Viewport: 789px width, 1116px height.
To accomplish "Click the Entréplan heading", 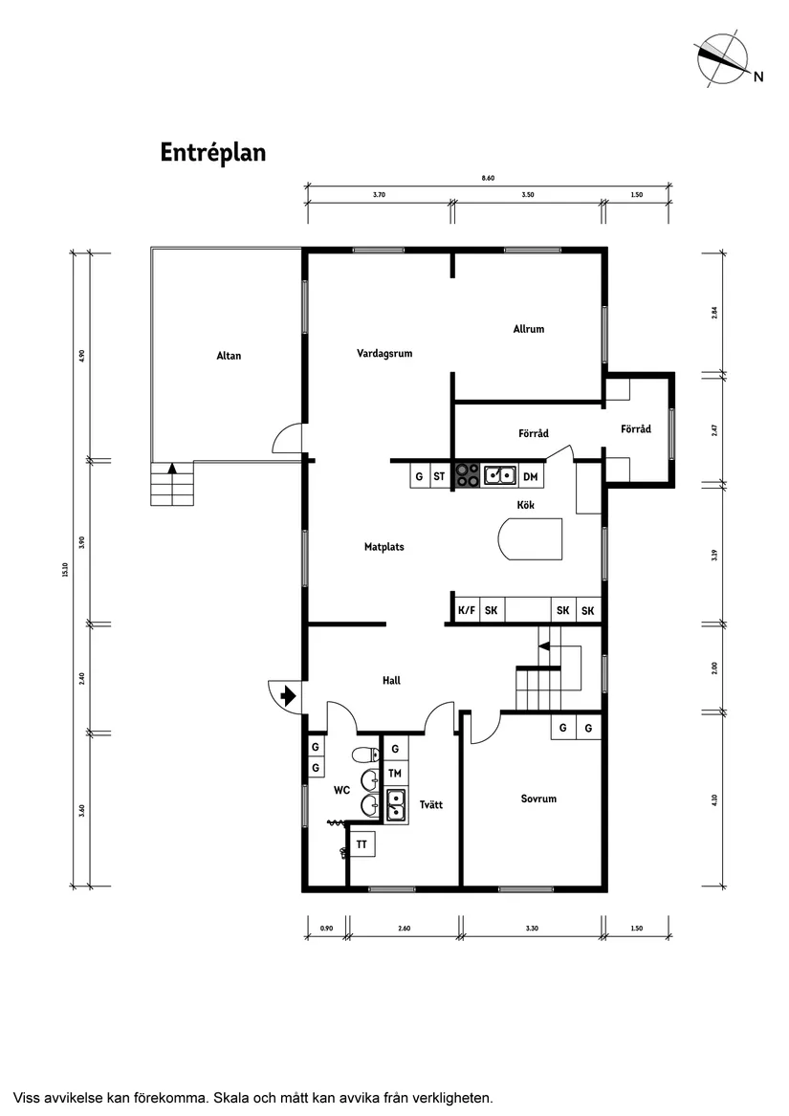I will (x=212, y=153).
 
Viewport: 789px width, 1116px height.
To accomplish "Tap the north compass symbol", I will (x=724, y=58).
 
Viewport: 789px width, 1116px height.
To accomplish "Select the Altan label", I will (x=229, y=356).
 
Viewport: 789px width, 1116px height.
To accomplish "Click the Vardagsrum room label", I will (x=384, y=353).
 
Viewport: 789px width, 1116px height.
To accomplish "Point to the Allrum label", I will (x=528, y=329).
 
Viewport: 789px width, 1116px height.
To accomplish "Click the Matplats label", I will (x=384, y=547).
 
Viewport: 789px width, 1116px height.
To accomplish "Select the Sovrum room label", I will (x=538, y=799).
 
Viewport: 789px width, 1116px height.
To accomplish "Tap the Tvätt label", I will (x=430, y=805).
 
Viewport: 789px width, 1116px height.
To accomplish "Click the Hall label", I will (x=391, y=681).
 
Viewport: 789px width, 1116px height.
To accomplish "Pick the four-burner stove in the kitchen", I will (x=468, y=475).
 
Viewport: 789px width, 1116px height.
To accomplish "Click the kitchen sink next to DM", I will (x=500, y=475).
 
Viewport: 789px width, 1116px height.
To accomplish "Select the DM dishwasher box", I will (x=531, y=476).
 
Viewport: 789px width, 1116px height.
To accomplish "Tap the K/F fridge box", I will (x=467, y=611).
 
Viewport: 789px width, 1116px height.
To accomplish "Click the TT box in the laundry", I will (x=362, y=844).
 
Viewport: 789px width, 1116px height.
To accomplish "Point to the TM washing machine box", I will (x=394, y=773).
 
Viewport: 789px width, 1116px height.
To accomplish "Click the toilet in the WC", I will (x=363, y=754).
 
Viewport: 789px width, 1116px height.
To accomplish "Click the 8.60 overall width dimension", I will (x=489, y=178).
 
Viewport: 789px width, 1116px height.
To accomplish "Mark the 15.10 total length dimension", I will (x=65, y=569).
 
